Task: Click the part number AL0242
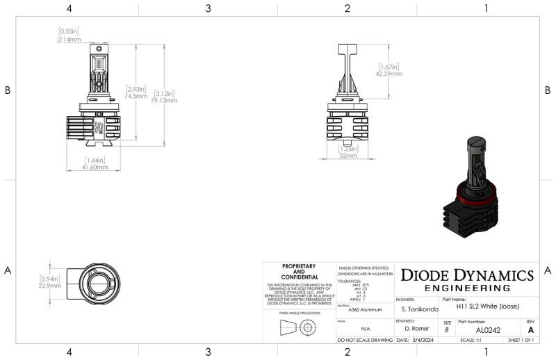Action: click(489, 330)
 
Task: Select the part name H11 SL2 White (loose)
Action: click(487, 306)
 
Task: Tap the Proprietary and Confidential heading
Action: click(299, 270)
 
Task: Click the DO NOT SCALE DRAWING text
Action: click(365, 341)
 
